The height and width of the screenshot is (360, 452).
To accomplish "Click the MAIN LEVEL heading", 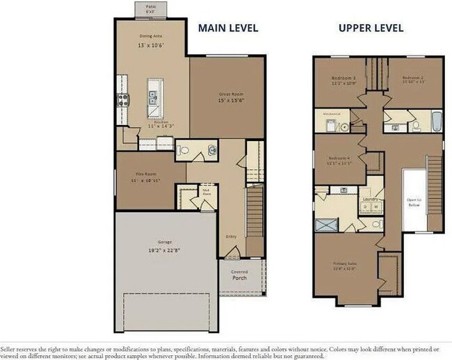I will point(228,28).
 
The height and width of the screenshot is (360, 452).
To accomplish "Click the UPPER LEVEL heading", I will point(371,28).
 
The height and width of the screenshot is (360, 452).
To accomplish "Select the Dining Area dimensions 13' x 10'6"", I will point(152,45).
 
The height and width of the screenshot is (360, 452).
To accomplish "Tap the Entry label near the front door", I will point(231,236).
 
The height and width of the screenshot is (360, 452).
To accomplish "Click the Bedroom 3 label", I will point(343,79).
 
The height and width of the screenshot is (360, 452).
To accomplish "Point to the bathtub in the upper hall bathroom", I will point(437,122).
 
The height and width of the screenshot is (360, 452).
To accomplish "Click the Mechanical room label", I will point(331,113).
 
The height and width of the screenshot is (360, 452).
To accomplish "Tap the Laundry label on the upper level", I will point(370,199).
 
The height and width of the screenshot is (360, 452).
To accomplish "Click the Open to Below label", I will point(414,203).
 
